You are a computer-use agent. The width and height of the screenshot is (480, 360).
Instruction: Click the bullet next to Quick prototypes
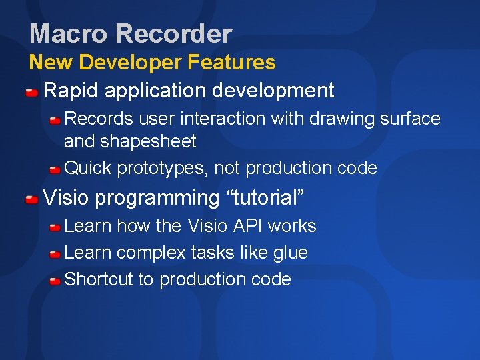tap(55, 169)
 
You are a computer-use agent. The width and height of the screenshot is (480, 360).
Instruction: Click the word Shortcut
tap(99, 279)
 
